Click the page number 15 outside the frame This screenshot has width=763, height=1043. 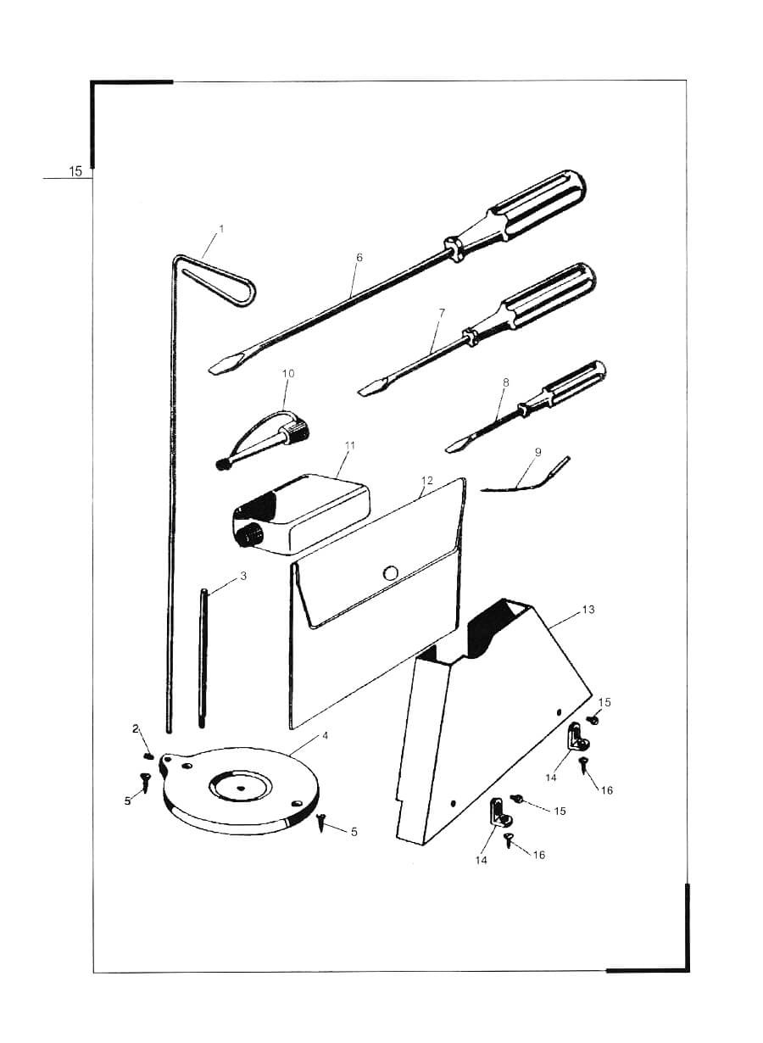pos(75,171)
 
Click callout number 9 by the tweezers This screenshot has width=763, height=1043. pos(538,452)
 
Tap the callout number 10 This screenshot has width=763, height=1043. pos(288,373)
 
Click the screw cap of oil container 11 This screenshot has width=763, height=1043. pos(248,534)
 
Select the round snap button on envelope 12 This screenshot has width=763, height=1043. pos(390,572)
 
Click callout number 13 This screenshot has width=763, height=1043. pos(588,610)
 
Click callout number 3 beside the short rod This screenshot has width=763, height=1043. pos(243,576)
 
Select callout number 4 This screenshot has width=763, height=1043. pos(325,735)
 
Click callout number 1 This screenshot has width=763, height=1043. pos(221,229)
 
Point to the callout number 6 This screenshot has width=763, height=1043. pos(359,258)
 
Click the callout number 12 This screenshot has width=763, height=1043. pos(427,480)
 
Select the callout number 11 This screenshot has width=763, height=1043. pos(349,445)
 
